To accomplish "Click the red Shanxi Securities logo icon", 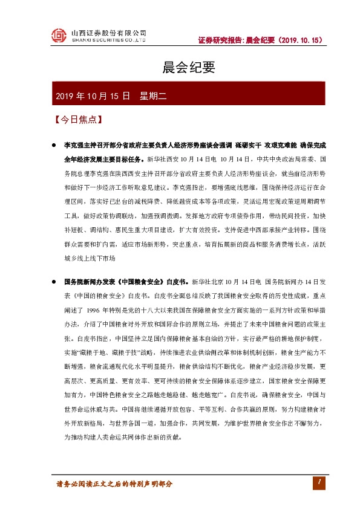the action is [x=58, y=36].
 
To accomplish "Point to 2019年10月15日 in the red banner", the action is [x=93, y=96].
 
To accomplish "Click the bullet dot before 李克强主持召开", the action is [x=55, y=146].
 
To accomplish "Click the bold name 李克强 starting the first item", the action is [x=74, y=146].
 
